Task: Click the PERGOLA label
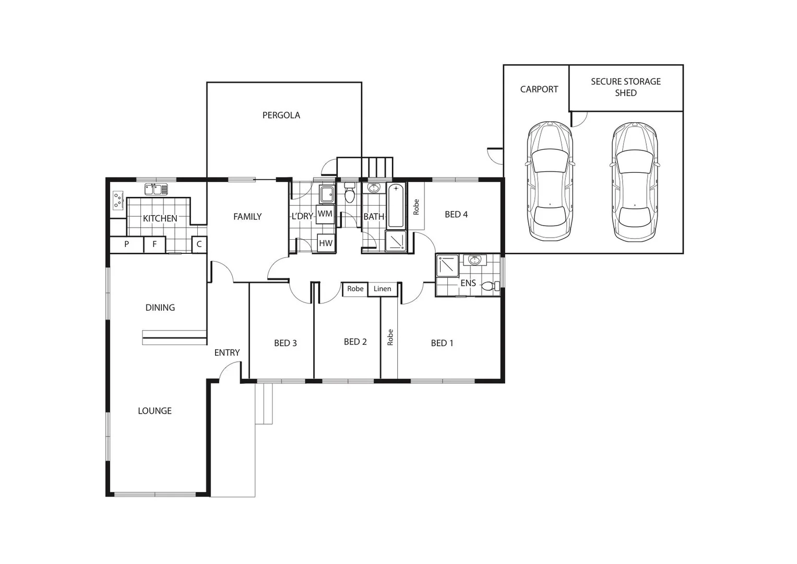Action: coord(281,115)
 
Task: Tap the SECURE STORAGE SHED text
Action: coord(625,87)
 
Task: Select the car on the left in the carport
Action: coord(550,181)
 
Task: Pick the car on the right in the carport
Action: coord(635,182)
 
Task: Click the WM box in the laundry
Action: coord(325,214)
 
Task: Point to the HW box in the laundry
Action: coord(326,243)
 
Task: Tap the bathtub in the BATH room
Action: coord(396,205)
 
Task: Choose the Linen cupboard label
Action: coord(382,289)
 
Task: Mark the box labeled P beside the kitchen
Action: coord(126,244)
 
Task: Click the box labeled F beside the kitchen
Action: coord(154,244)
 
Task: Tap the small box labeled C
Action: coord(199,244)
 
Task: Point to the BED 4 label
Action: coord(456,215)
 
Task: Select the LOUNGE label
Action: coord(154,411)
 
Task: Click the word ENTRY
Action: coord(227,353)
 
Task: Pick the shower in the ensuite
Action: coord(447,265)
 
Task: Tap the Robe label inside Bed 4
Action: coord(416,207)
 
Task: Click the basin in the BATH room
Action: coord(374,188)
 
